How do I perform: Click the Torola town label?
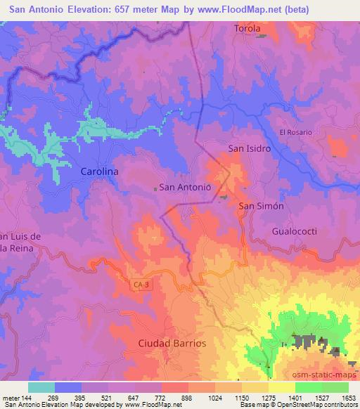pyautogui.click(x=247, y=29)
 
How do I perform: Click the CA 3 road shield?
pyautogui.click(x=140, y=284)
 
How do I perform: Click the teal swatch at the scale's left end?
pyautogui.click(x=41, y=387)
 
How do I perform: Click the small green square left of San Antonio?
pyautogui.click(x=155, y=188)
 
